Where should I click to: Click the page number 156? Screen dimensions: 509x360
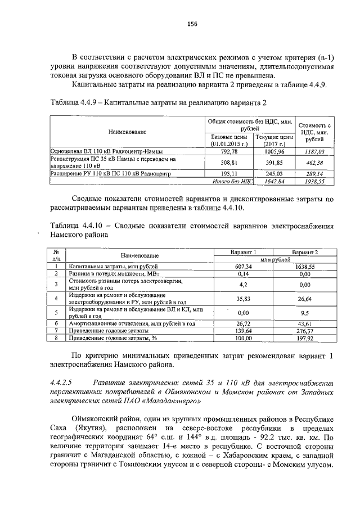pos(192,24)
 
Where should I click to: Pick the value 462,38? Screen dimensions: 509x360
pos(314,162)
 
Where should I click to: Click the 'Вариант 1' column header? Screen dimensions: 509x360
pos(244,253)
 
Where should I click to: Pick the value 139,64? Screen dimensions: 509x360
pos(244,331)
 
